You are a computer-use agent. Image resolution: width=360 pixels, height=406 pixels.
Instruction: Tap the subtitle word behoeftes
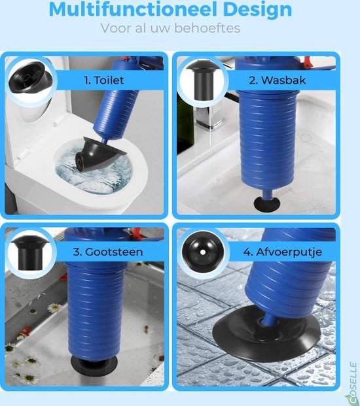click(x=207, y=28)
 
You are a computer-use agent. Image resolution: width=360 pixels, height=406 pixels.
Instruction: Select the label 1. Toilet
click(x=104, y=80)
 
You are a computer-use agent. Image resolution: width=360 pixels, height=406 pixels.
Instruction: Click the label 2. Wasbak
click(x=278, y=80)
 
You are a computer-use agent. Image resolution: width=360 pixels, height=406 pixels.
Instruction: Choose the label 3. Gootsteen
click(x=108, y=252)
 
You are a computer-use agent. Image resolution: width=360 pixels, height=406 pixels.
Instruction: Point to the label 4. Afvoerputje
click(x=283, y=252)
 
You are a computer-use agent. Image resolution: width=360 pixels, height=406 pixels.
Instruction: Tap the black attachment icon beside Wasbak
click(x=203, y=80)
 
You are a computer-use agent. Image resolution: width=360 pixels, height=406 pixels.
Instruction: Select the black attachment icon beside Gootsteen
click(x=29, y=253)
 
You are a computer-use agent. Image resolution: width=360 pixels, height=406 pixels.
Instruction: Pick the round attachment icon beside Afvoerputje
click(x=203, y=252)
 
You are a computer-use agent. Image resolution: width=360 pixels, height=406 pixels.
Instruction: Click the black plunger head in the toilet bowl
click(x=97, y=155)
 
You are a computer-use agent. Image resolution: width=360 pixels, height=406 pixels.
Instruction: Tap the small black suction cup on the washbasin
click(x=266, y=204)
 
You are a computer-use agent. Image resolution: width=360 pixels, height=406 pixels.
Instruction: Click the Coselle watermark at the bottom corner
click(x=352, y=384)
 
